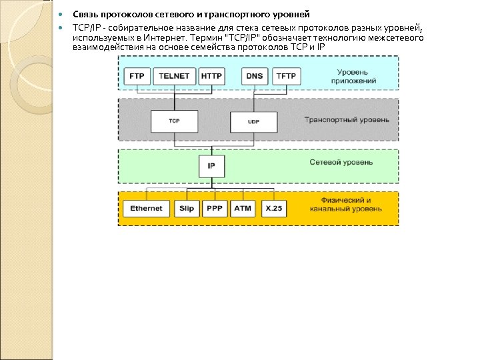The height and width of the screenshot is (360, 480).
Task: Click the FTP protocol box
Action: pyautogui.click(x=136, y=76)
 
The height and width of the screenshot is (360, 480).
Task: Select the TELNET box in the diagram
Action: pyautogui.click(x=175, y=76)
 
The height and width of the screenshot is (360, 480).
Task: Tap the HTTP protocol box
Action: pyautogui.click(x=211, y=76)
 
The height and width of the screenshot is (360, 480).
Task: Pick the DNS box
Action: pyautogui.click(x=255, y=76)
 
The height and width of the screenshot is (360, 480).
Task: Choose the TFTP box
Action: pyautogui.click(x=287, y=76)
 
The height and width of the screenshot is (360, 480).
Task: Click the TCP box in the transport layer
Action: pyautogui.click(x=174, y=121)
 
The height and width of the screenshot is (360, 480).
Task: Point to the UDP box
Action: pyautogui.click(x=253, y=122)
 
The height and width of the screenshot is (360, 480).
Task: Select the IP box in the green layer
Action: pyautogui.click(x=211, y=165)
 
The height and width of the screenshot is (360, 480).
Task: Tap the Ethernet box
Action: pyautogui.click(x=146, y=209)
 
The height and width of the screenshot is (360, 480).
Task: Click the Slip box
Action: pyautogui.click(x=186, y=209)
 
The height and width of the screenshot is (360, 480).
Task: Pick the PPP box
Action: pyautogui.click(x=215, y=209)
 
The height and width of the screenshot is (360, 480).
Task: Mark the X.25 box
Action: pyautogui.click(x=273, y=209)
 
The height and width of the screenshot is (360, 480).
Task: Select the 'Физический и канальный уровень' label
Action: pyautogui.click(x=345, y=204)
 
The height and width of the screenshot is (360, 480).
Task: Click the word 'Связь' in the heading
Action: pyautogui.click(x=85, y=15)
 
